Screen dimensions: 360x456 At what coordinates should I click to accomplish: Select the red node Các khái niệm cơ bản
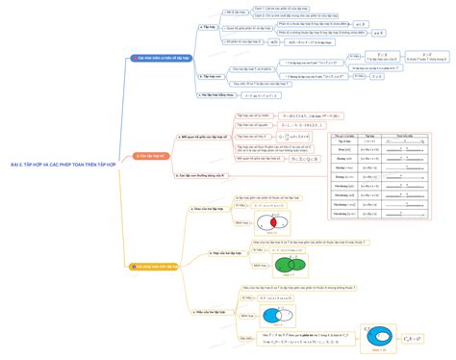[x=164, y=58]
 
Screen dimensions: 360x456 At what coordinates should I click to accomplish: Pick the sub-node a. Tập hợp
[x=208, y=28]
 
